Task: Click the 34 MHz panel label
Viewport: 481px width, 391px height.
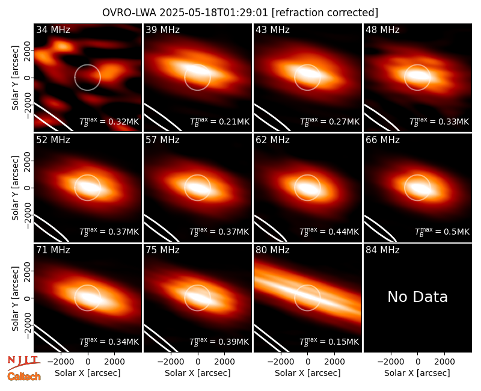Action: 53,29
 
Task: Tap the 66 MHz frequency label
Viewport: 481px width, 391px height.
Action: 382,140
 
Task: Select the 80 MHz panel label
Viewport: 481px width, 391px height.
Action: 272,250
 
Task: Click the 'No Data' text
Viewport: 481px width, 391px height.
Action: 417,297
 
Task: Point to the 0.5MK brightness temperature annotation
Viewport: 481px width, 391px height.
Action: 442,231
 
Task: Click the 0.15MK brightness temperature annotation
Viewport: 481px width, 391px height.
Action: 329,341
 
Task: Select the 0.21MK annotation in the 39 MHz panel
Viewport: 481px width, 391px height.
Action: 219,121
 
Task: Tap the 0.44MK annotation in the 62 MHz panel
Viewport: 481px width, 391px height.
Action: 329,231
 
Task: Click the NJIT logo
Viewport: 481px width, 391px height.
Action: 23,363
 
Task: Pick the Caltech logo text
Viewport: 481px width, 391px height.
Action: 24,377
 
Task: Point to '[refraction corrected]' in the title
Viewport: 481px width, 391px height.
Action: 325,13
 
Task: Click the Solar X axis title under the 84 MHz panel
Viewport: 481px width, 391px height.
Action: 417,373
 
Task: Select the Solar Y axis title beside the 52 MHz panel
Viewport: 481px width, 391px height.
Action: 15,188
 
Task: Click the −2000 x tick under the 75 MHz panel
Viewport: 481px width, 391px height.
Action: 170,362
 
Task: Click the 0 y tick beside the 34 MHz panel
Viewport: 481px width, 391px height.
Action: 27,78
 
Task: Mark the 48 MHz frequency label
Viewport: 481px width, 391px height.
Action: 382,29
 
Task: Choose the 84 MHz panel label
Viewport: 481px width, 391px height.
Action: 382,250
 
